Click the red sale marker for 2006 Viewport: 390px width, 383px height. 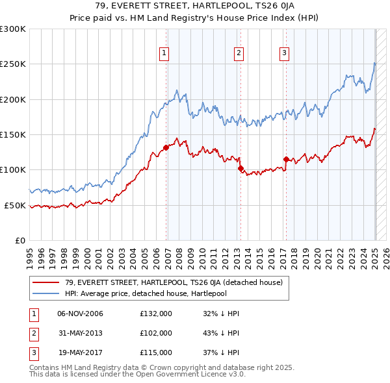tap(166, 147)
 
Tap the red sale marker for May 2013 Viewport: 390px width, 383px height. tap(240, 169)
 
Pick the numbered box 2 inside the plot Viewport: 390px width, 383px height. tap(239, 53)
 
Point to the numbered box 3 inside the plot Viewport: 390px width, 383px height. tap(285, 53)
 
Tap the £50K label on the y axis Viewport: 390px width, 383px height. tap(15, 205)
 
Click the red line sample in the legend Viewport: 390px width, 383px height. tap(46, 283)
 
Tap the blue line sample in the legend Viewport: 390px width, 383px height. tap(46, 293)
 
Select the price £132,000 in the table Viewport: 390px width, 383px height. tap(156, 314)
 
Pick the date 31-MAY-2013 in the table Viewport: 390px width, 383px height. tap(81, 333)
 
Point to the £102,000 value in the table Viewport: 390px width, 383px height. tap(156, 333)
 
